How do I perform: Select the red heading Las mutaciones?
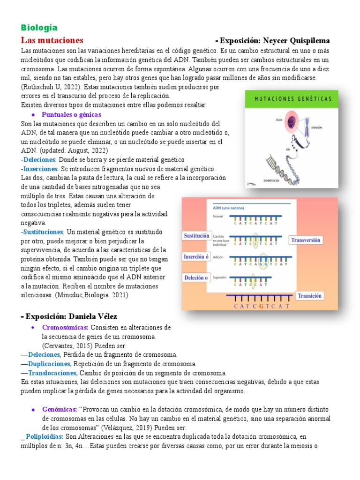click(52, 40)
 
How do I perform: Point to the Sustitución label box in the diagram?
click(196, 236)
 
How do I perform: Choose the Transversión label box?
click(306, 240)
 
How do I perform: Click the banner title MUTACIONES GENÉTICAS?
click(293, 99)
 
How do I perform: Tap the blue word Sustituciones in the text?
click(42, 232)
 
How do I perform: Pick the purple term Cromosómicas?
click(65, 327)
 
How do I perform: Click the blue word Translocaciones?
click(52, 373)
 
